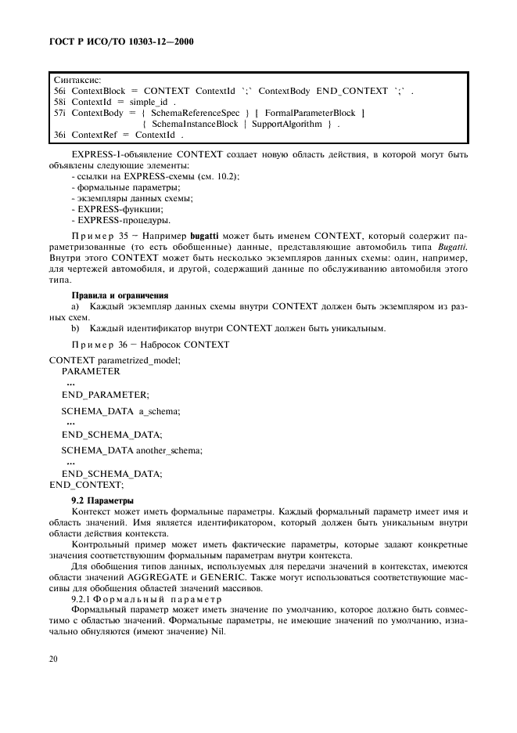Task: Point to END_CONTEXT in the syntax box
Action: click(352, 91)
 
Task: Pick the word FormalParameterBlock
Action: click(310, 113)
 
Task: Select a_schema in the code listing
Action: click(160, 410)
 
